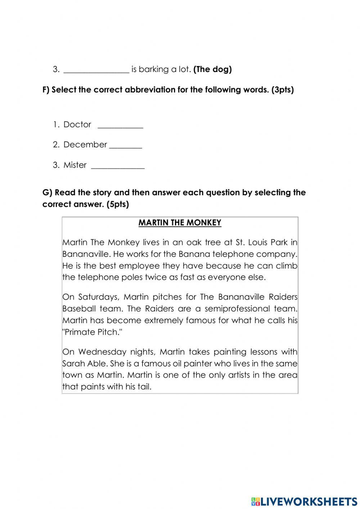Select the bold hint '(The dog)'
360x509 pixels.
click(212, 70)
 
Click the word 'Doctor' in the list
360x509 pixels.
click(77, 125)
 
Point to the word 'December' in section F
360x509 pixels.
click(85, 145)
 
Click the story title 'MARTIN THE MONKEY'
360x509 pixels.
click(180, 223)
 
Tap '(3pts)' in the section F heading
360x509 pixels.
click(283, 90)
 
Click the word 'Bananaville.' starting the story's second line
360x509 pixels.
click(86, 254)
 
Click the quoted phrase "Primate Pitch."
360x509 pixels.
click(93, 332)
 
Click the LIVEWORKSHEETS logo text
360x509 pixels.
click(304, 501)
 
